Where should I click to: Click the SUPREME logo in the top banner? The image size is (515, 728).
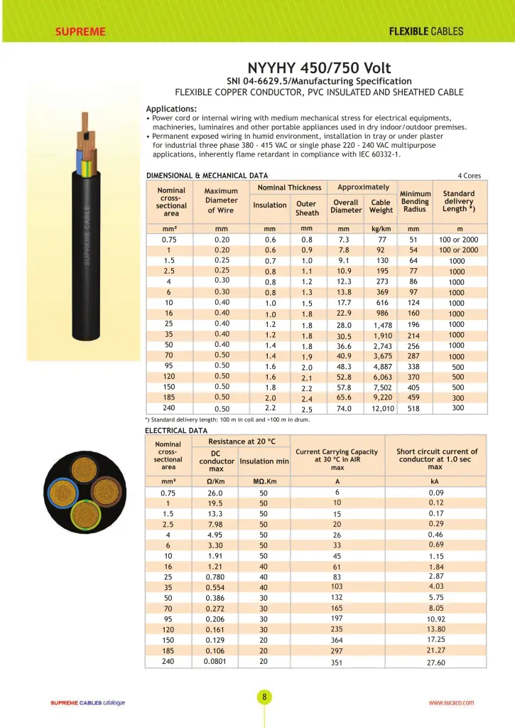80,31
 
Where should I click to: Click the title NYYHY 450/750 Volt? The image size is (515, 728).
319,68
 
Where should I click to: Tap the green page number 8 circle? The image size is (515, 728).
264,697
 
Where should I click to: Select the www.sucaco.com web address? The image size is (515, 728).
451,702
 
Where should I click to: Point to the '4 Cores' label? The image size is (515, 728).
470,175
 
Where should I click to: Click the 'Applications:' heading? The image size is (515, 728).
171,109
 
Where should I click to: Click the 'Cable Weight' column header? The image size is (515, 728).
381,206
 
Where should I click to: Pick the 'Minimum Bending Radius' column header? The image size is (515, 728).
415,201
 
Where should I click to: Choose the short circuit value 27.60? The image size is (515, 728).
436,663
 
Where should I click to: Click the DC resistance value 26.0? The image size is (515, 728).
215,493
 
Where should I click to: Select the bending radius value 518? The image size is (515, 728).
414,409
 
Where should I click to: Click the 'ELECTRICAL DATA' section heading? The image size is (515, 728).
176,430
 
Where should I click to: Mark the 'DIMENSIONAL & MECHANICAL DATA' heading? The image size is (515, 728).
207,175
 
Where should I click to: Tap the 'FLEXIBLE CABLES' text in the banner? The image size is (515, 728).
426,31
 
